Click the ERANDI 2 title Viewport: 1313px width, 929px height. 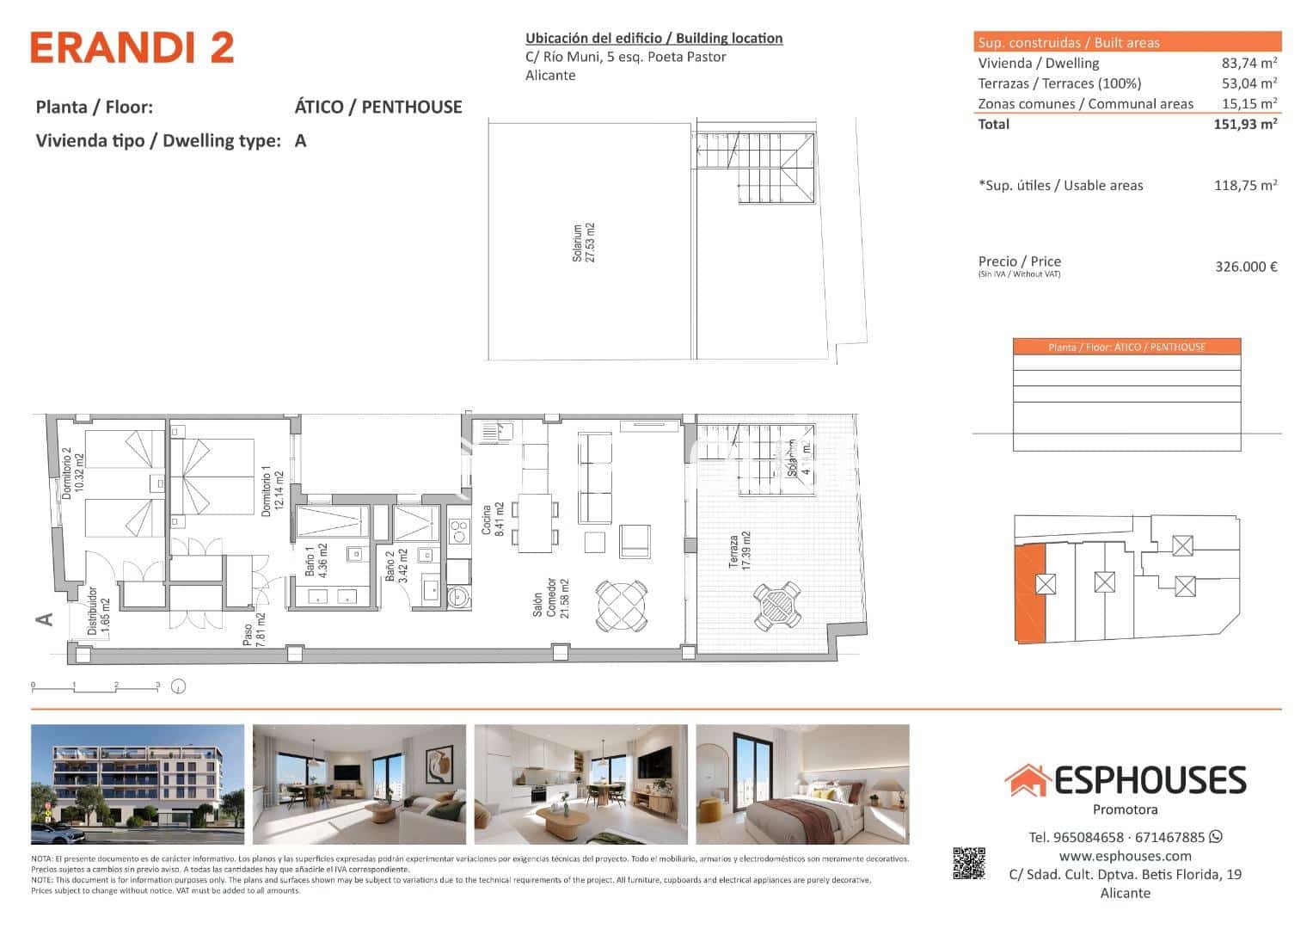132,48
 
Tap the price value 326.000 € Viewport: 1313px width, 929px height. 1245,267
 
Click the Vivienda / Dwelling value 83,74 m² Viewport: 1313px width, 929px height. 1249,63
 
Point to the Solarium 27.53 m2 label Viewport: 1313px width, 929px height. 584,243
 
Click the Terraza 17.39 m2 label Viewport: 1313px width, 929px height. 739,551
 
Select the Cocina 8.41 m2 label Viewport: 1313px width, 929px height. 492,519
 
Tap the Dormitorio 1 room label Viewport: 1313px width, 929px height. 272,491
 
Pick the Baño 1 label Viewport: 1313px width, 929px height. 316,566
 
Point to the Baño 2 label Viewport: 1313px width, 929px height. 395,566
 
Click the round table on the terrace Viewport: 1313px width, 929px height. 776,605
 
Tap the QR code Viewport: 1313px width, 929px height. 968,864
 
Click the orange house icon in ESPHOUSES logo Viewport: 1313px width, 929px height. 1027,780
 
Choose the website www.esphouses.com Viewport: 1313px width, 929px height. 1125,856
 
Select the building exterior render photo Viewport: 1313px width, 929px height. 138,784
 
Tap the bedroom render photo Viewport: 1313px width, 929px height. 801,784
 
